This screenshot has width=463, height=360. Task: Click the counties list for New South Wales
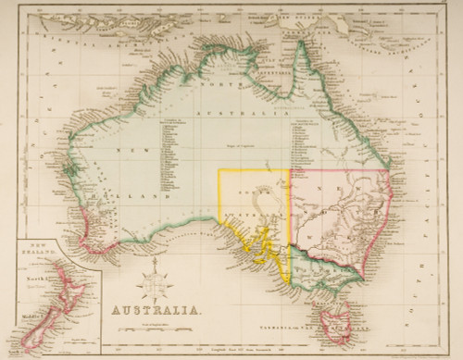point(307,148)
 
